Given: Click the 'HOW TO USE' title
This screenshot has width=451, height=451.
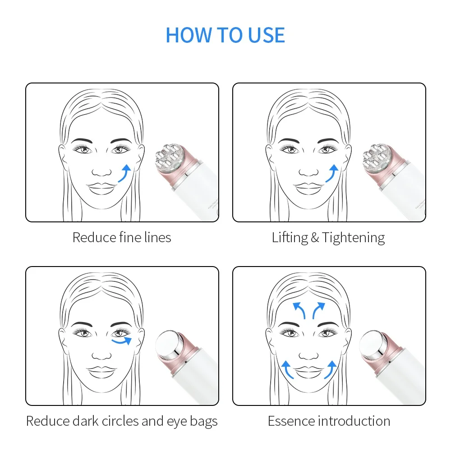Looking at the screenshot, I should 225,35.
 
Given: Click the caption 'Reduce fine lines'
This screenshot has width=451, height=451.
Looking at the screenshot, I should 122,237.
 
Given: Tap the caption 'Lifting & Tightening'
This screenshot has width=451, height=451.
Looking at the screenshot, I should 328,237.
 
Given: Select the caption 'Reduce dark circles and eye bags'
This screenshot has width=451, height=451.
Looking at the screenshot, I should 122,421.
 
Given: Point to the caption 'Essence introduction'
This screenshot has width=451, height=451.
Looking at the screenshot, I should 329,421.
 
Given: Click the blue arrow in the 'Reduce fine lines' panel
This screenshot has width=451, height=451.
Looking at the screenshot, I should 125,173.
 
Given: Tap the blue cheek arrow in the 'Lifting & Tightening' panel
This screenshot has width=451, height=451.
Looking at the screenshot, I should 332,173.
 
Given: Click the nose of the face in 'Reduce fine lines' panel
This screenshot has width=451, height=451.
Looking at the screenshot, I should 102,172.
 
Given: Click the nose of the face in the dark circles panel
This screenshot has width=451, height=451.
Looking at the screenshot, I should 102,355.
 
